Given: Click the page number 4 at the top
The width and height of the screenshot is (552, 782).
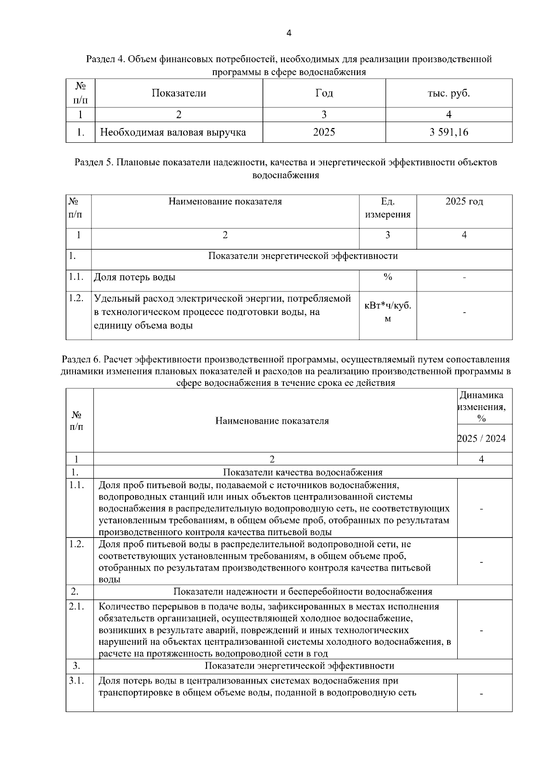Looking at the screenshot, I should (288, 33).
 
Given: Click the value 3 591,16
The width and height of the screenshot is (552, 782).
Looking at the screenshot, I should (448, 132).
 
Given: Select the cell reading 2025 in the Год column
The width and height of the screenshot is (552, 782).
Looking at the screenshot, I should (324, 132).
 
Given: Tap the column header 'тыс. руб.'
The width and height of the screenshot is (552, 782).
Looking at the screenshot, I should (448, 93).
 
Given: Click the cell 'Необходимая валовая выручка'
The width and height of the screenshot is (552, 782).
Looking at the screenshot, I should (173, 133).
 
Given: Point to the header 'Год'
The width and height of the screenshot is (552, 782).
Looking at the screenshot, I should (324, 93).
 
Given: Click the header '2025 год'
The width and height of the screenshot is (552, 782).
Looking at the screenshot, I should (464, 202).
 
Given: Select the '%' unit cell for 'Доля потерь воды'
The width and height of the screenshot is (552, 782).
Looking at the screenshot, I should (388, 277).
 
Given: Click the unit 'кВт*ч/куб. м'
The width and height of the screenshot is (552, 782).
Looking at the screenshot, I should (388, 312).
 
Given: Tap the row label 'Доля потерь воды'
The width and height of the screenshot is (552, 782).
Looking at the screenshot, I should (135, 277).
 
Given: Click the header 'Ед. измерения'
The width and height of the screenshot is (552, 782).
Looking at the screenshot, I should (388, 208).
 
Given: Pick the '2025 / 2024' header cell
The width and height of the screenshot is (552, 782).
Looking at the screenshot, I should (481, 438).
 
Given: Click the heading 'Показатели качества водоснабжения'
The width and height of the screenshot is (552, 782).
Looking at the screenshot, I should (303, 472).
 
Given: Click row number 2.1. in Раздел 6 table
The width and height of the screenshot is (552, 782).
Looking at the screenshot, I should (76, 607).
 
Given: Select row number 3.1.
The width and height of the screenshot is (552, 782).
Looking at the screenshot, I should (76, 681).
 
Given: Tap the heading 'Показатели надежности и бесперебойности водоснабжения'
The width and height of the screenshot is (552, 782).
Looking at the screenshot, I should (303, 592).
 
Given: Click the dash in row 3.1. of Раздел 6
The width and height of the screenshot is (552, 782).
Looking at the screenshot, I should (481, 694).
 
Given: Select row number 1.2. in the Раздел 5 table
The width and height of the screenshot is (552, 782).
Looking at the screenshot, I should (76, 298).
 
